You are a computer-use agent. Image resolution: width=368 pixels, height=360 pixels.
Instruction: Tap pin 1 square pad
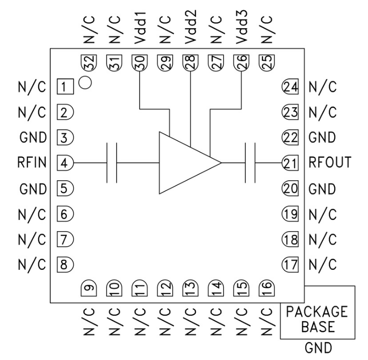click(x=65, y=88)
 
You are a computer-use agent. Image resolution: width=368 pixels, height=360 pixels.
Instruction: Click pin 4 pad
click(x=65, y=163)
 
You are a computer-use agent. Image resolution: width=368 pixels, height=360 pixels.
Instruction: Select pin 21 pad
click(x=289, y=163)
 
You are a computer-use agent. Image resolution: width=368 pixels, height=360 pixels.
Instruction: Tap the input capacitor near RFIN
click(x=112, y=163)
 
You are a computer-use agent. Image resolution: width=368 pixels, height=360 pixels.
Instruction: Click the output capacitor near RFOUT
click(x=250, y=163)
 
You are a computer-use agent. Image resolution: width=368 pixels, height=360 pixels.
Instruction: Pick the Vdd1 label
click(x=140, y=30)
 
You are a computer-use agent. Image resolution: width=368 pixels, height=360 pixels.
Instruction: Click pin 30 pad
click(x=140, y=62)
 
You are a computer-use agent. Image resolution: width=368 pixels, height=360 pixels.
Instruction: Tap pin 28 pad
click(x=190, y=62)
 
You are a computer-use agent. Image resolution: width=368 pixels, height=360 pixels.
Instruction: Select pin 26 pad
click(x=241, y=62)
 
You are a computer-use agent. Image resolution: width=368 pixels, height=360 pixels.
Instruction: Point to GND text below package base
click(x=318, y=348)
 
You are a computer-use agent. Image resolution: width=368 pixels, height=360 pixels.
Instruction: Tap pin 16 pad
click(x=266, y=289)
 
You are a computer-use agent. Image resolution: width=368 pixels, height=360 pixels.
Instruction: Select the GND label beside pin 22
click(x=322, y=138)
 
